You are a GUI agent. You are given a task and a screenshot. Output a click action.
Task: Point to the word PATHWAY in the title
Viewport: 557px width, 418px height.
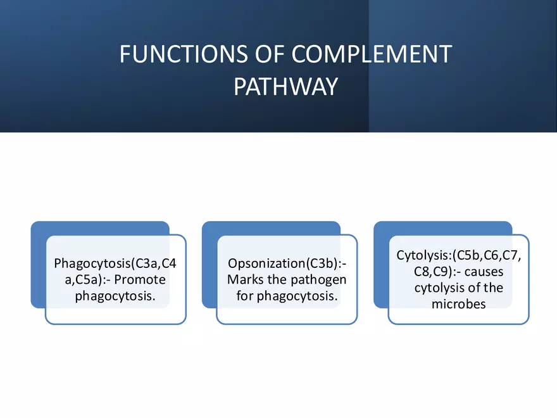pos(285,87)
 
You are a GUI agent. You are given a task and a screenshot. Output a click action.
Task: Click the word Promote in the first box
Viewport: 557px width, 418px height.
pos(144,279)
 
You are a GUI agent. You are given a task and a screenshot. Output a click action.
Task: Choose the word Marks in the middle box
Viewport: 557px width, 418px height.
pos(244,279)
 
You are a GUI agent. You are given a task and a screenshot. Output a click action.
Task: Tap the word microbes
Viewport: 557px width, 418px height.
pos(458,304)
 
